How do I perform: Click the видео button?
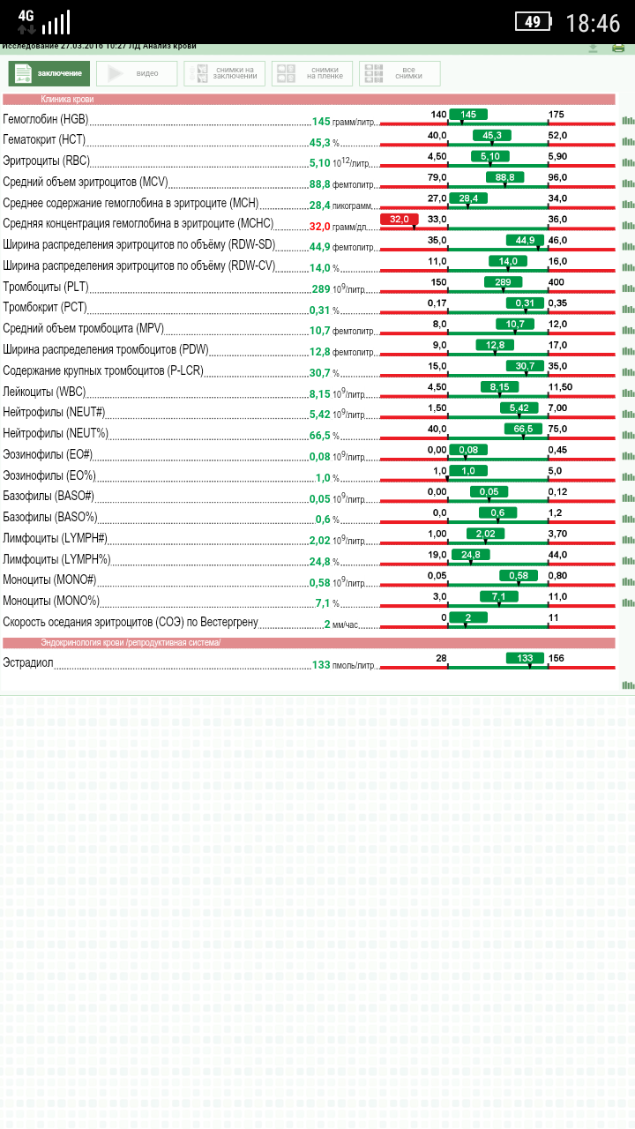point(137,73)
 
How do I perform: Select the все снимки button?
point(400,73)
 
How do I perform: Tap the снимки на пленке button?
point(312,73)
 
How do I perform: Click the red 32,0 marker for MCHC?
point(399,219)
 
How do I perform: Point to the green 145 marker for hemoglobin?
point(468,115)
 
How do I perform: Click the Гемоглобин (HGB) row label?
point(46,120)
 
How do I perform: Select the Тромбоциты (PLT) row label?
point(45,288)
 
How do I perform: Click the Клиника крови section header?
point(67,100)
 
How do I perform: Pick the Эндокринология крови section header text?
point(131,643)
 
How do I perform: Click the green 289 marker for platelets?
point(503,282)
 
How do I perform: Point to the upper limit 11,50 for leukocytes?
point(560,387)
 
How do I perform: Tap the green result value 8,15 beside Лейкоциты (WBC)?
point(319,393)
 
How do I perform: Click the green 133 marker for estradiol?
point(525,658)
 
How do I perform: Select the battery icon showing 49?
point(533,22)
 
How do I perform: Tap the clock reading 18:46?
point(593,23)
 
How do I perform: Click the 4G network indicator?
point(26,16)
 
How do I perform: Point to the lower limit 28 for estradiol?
point(441,659)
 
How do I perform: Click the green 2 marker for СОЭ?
point(468,617)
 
